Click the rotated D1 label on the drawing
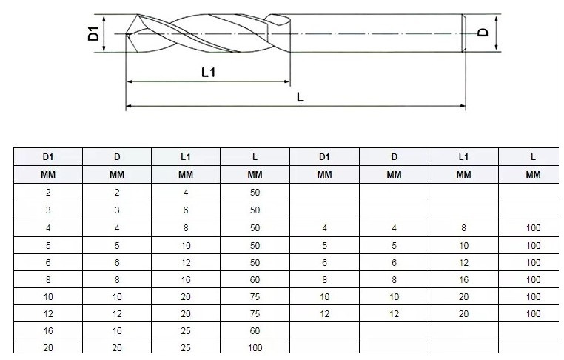(93, 33)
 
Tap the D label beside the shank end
(482, 33)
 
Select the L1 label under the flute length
(208, 72)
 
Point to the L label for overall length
(300, 97)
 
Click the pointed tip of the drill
(128, 33)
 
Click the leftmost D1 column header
(47, 156)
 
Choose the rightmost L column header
(533, 156)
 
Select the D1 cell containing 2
(47, 192)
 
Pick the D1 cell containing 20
(47, 347)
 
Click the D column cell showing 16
(117, 330)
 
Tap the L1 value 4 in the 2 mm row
(186, 192)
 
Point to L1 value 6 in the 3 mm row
(186, 210)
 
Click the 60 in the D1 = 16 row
(255, 330)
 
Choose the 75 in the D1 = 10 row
(255, 296)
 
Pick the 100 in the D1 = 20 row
(255, 347)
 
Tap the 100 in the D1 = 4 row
(533, 227)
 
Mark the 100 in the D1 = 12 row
(533, 313)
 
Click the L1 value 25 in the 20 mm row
(186, 347)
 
